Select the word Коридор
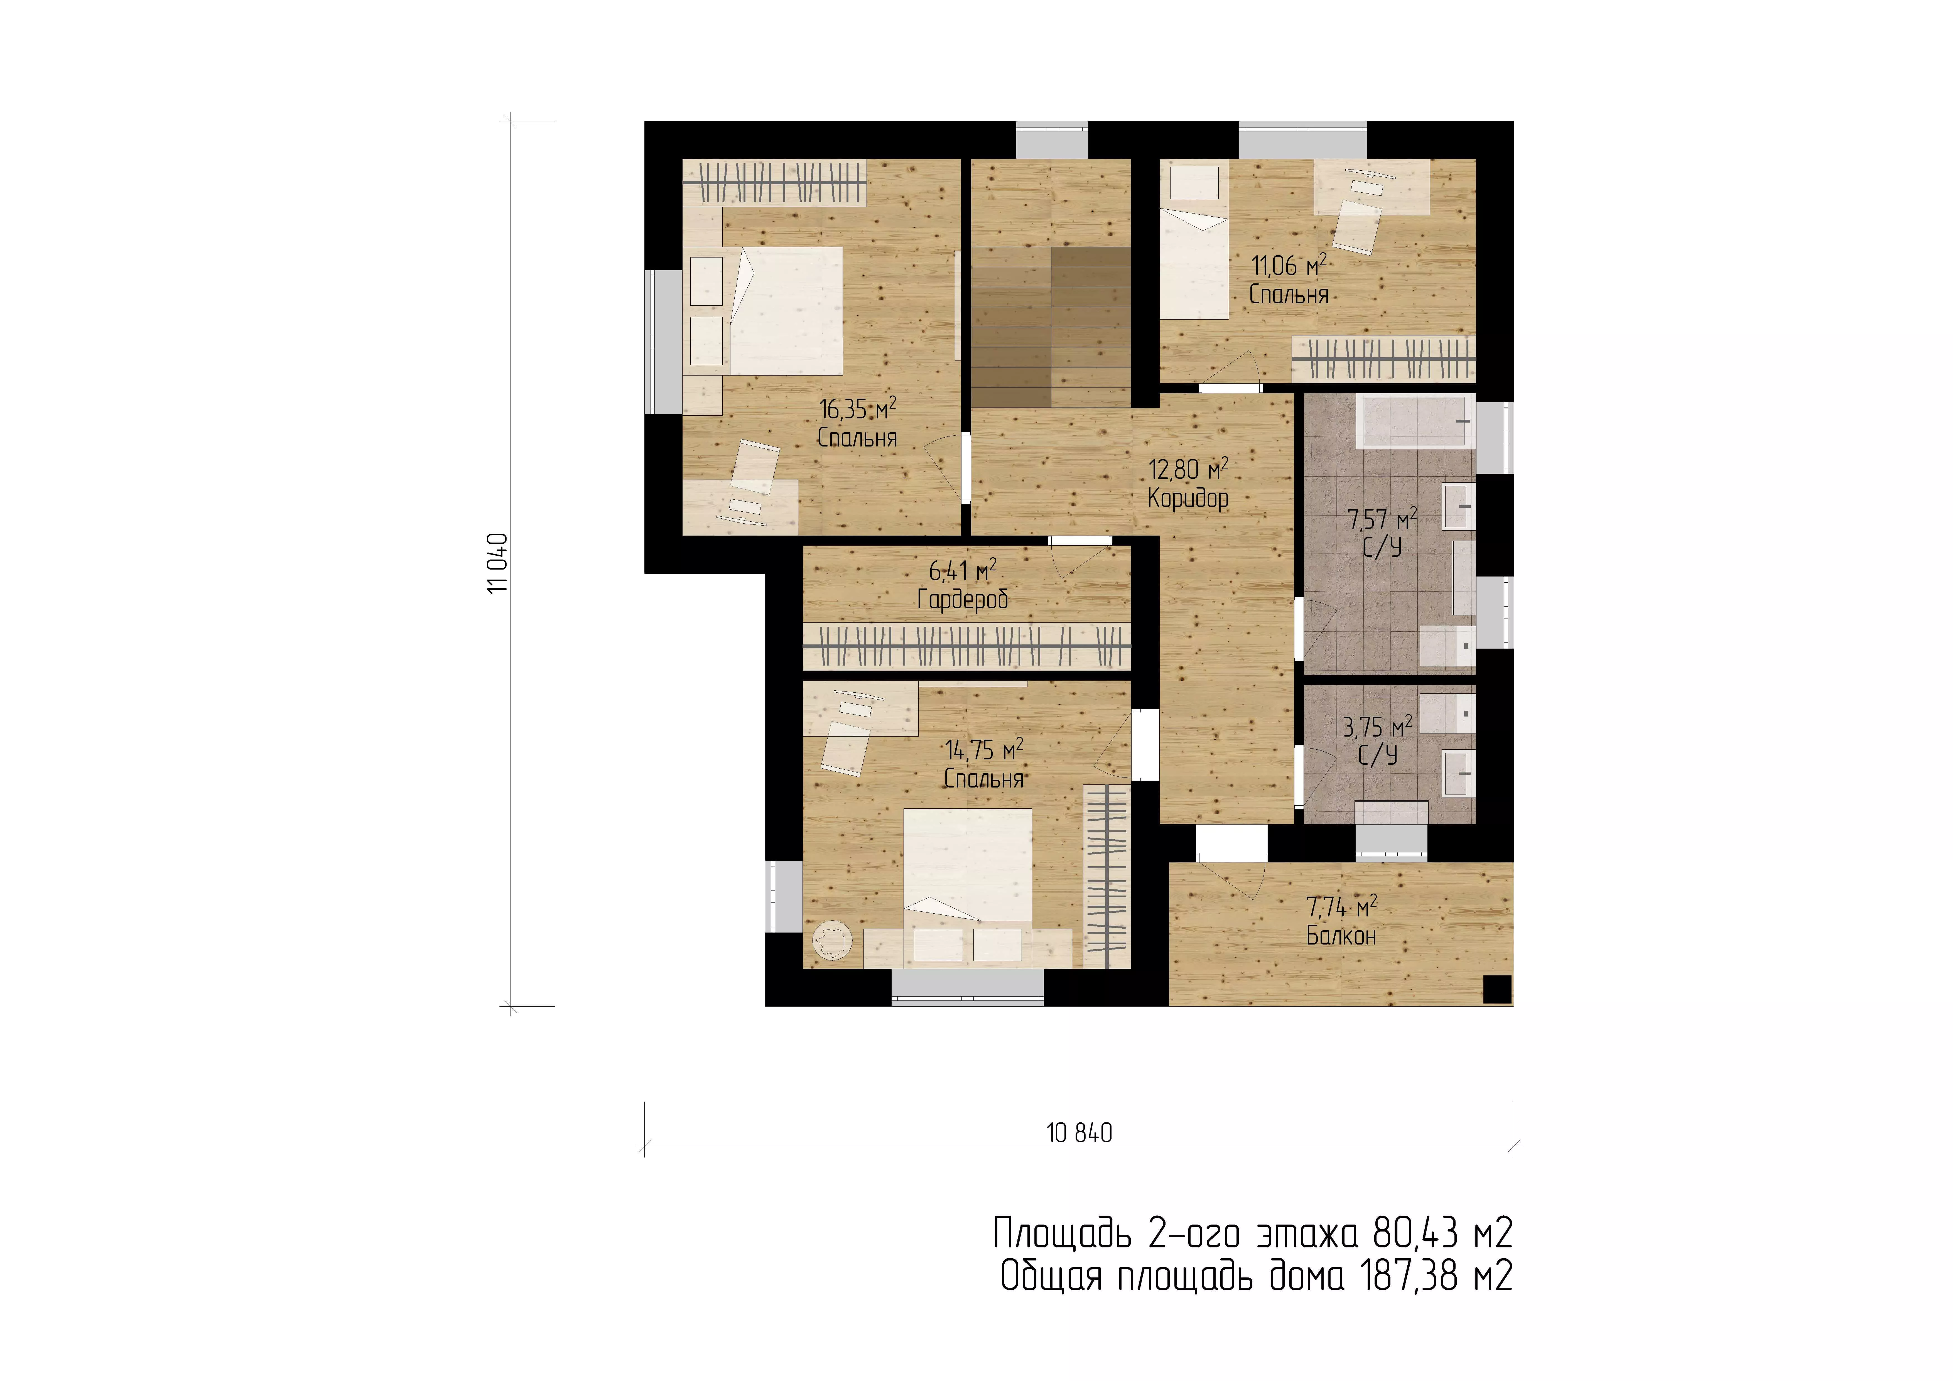[x=1188, y=498]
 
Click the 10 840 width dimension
[x=1079, y=1132]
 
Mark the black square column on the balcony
[x=1497, y=989]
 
